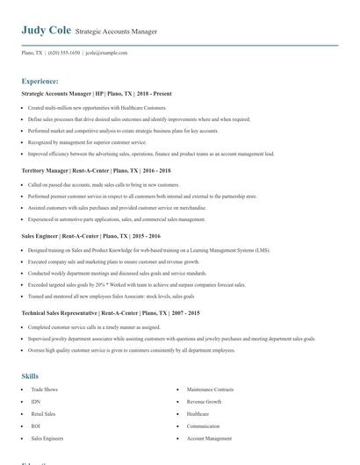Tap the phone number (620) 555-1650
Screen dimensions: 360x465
point(63,53)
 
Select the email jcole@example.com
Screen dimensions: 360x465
point(106,53)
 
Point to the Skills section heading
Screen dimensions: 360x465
point(30,376)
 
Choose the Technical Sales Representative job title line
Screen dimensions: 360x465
point(111,313)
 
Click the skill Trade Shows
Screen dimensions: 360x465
point(44,389)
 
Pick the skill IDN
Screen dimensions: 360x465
point(35,401)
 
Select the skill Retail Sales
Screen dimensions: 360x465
point(43,413)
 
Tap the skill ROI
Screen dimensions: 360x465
point(35,426)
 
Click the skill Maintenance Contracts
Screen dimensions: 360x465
point(210,389)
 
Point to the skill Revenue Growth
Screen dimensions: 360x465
point(204,401)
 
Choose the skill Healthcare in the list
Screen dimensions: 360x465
point(198,413)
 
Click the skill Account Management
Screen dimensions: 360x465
point(209,438)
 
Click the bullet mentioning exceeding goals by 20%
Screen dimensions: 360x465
point(136,284)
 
